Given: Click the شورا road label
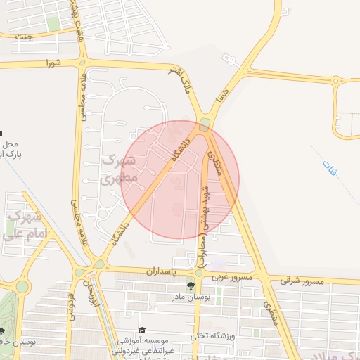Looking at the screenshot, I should click(x=53, y=63).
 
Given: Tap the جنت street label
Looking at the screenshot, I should click(x=25, y=37).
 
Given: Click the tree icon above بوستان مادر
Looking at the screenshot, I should click(x=191, y=285).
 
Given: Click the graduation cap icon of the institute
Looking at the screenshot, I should click(x=143, y=330).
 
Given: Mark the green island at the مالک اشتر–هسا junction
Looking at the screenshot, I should click(x=204, y=125).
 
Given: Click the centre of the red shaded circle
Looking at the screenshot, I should click(x=180, y=179).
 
